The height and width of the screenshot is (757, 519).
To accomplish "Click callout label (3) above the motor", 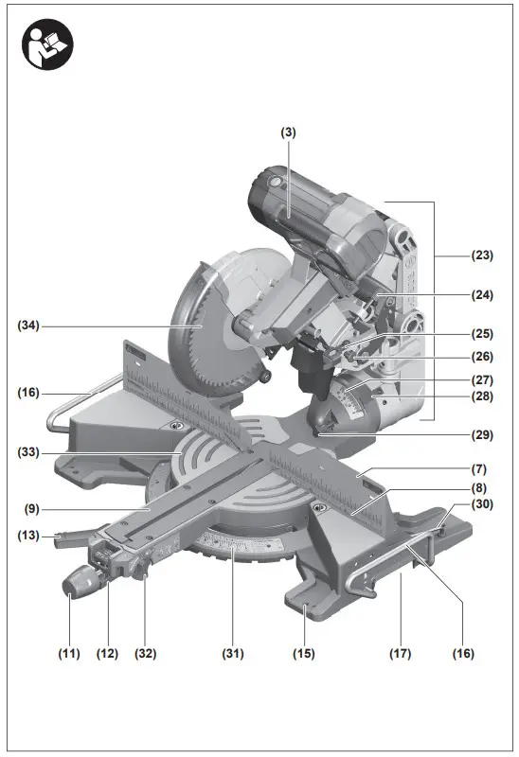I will click(288, 133).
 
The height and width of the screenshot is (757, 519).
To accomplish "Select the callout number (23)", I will click(484, 255).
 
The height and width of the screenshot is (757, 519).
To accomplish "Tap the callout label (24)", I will click(484, 294).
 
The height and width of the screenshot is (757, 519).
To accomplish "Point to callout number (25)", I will click(484, 334).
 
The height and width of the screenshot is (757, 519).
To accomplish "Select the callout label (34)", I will click(30, 326).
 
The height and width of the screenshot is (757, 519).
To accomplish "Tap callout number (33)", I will click(30, 453).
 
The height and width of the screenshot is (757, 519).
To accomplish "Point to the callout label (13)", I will click(30, 537).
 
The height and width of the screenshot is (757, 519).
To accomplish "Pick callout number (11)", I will click(68, 653).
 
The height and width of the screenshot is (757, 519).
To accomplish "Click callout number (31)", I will click(233, 653).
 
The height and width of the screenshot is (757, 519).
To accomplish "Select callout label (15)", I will click(304, 653).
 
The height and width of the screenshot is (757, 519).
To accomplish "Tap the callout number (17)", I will click(402, 653).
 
